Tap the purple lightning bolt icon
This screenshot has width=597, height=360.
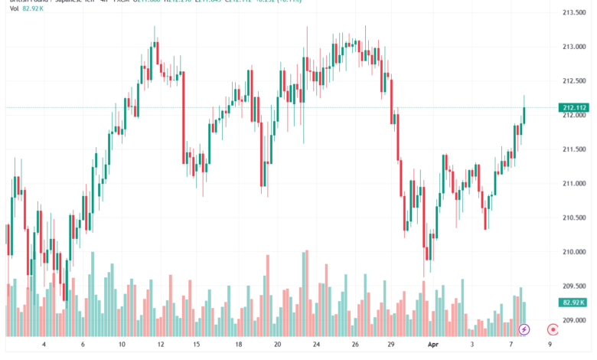[x=524, y=329]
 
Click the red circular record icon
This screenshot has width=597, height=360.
[x=553, y=329]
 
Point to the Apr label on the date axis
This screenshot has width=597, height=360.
[x=434, y=345]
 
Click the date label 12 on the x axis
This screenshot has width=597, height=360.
[x=161, y=345]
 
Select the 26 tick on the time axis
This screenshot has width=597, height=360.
[x=354, y=345]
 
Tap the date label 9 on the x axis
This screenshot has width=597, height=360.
[x=550, y=345]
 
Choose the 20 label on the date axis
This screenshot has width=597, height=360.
[x=277, y=345]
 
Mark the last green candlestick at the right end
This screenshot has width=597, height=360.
[x=524, y=114]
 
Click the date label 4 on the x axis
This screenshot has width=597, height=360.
[x=44, y=345]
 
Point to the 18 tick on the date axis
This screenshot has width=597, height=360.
[x=239, y=345]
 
